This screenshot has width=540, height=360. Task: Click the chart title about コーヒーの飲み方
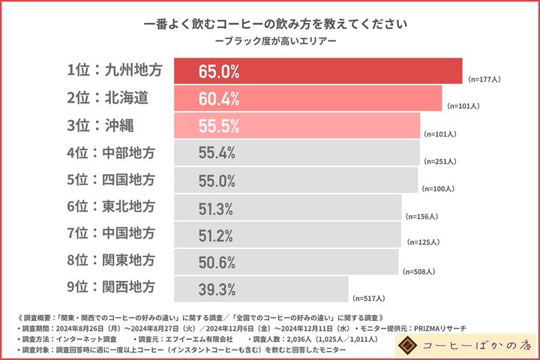[x=270, y=23]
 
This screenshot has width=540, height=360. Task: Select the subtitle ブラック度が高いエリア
[x=270, y=40]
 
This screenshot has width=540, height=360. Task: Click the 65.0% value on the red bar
[x=219, y=72]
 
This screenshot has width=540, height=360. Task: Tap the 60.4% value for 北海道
[x=219, y=99]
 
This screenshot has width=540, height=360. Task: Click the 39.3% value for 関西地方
[x=217, y=289]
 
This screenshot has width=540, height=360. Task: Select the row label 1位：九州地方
[x=115, y=72]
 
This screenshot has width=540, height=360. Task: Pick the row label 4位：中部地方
[x=115, y=153]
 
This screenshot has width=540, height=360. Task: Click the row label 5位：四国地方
[x=115, y=180]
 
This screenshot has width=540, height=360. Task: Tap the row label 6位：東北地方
[x=115, y=207]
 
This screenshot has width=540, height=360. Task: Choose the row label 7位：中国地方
[x=115, y=234]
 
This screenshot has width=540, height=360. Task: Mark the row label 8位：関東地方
[x=115, y=261]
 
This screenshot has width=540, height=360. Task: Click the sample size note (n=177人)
[x=484, y=79]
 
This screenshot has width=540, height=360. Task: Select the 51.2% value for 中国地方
[x=217, y=235]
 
